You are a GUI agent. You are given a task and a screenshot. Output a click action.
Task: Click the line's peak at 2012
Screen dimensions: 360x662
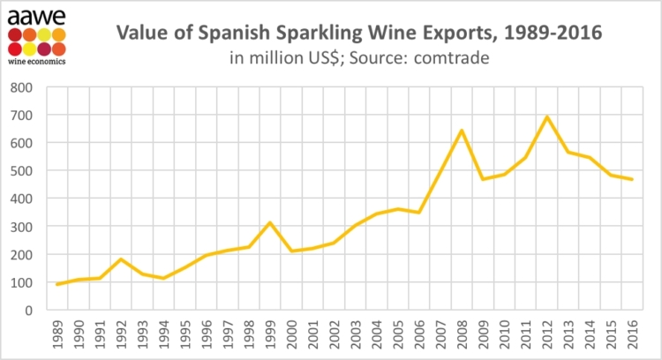click(x=547, y=116)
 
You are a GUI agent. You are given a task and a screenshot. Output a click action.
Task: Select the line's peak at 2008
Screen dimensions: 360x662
click(x=462, y=131)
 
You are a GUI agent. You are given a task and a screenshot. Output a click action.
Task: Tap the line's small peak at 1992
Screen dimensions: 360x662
click(x=120, y=259)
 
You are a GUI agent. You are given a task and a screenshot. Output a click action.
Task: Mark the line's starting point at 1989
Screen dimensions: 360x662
click(x=56, y=284)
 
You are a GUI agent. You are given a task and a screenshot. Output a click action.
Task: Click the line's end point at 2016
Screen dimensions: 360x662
click(x=632, y=179)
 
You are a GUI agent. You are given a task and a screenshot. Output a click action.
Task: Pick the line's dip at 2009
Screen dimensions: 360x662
click(x=483, y=179)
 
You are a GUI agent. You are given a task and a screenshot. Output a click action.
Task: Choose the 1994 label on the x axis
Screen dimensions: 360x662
click(x=163, y=335)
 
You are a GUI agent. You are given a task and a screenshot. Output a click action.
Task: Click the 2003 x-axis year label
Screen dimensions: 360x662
click(x=355, y=335)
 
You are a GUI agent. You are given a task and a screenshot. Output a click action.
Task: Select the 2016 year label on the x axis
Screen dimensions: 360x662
click(x=633, y=335)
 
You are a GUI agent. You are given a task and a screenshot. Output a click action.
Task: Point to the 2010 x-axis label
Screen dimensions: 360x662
click(x=505, y=335)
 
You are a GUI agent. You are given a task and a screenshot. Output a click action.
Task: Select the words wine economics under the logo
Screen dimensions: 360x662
click(x=34, y=63)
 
